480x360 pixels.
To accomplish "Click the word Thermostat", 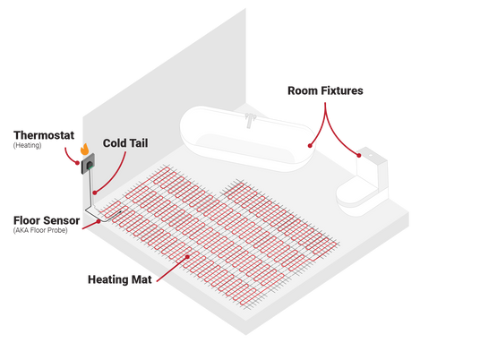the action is click(44, 135).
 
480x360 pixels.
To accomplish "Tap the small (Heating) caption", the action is click(27, 145).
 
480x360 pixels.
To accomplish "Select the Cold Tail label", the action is click(125, 143).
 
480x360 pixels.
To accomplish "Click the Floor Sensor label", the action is click(47, 220).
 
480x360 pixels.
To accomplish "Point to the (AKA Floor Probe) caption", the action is click(40, 230).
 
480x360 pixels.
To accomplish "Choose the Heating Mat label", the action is click(120, 279).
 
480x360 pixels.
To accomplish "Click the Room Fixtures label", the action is click(325, 90).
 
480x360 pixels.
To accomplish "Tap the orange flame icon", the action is click(85, 149).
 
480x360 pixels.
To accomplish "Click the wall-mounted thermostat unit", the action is click(88, 164).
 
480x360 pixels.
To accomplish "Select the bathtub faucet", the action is click(250, 120).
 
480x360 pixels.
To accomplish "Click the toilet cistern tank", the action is click(373, 170).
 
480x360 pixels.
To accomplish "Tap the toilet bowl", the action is click(356, 196).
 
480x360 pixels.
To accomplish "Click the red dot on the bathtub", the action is click(310, 146).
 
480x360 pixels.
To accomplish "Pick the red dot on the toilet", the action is click(359, 156).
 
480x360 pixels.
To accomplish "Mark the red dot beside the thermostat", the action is click(77, 163).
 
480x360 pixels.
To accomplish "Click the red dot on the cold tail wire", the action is click(95, 193).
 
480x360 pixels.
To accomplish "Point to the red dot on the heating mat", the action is click(188, 257).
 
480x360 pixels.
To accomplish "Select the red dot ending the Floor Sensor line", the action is click(99, 221).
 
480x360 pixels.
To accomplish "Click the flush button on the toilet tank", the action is click(371, 155).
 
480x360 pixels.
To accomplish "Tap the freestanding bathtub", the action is click(248, 139).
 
